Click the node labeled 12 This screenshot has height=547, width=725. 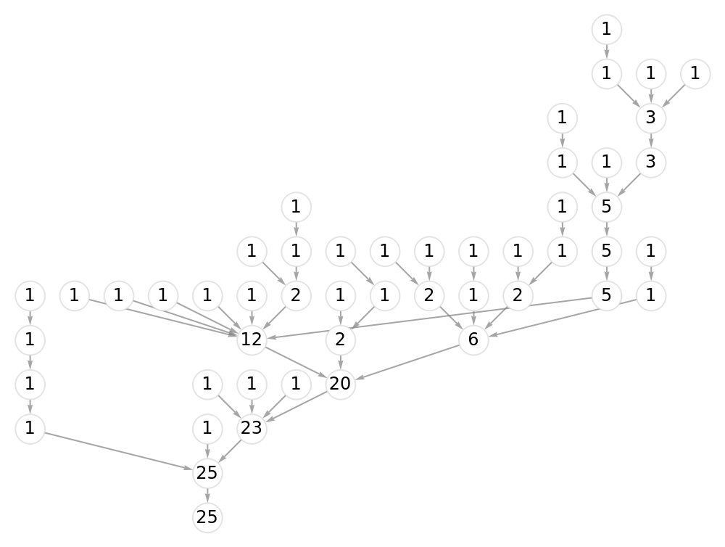252,340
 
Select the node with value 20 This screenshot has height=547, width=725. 340,384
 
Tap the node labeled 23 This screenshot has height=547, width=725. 252,429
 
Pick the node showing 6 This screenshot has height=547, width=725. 473,340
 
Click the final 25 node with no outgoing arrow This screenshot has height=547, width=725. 207,517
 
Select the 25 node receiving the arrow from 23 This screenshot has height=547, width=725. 207,473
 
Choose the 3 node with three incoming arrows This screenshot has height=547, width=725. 651,118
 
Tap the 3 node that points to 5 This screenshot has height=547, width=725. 651,163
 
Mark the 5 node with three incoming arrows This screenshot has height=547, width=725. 606,207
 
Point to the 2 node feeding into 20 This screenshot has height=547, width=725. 340,340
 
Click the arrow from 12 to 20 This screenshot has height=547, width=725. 296,362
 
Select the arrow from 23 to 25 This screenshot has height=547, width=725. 230,451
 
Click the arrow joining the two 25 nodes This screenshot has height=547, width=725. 207,495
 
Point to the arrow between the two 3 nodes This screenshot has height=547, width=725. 651,140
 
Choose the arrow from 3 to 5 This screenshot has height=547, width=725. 629,185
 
